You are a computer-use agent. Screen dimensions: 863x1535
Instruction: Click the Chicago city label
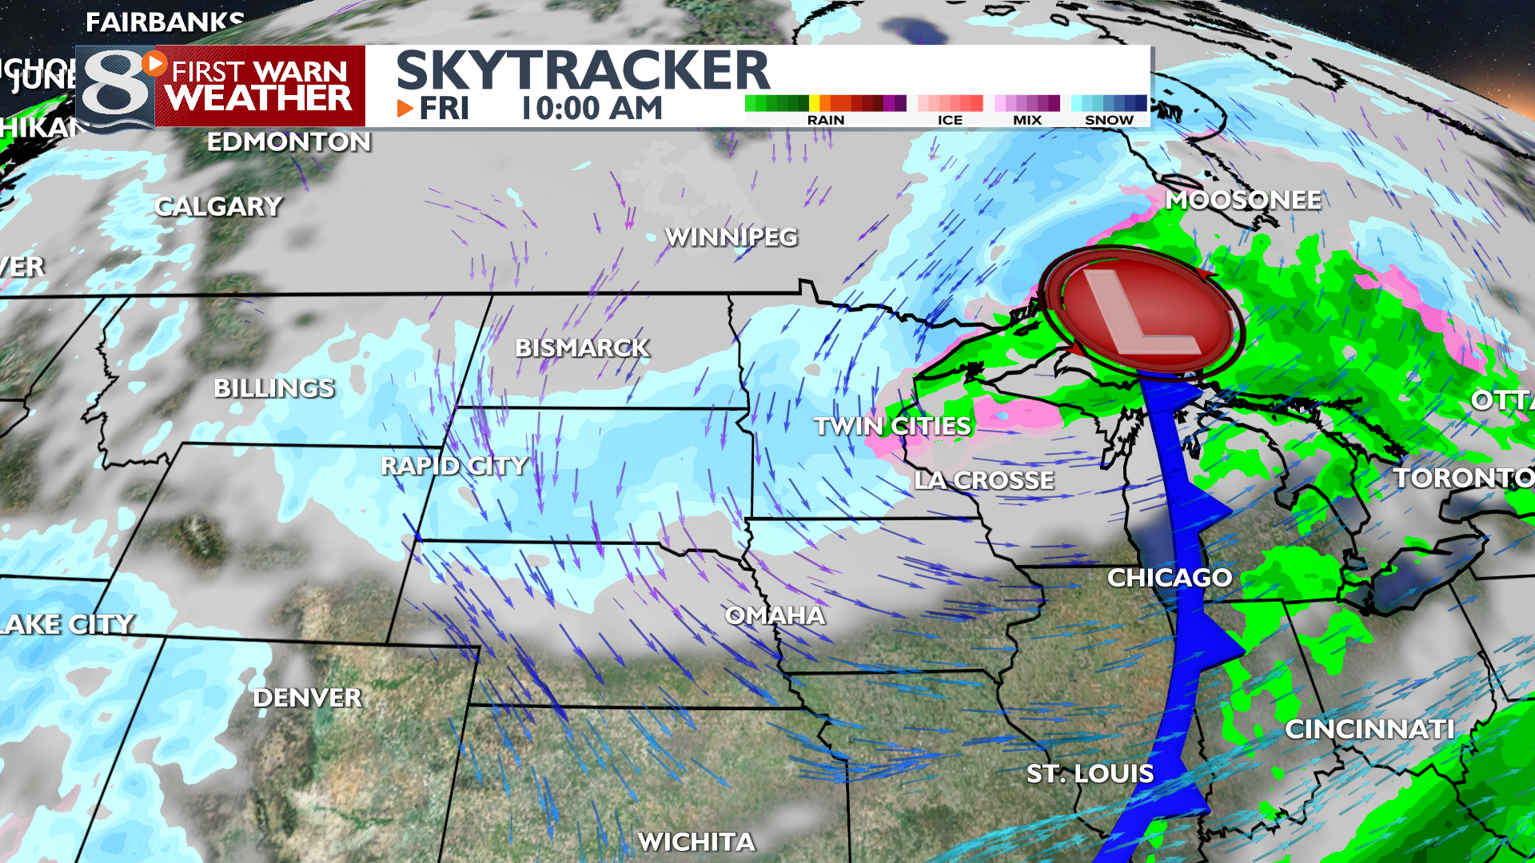(x=1169, y=577)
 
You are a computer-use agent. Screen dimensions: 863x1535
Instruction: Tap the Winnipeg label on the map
(x=732, y=237)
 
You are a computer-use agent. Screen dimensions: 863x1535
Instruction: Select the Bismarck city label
(x=582, y=348)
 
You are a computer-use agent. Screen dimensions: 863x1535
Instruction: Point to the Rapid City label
(x=454, y=465)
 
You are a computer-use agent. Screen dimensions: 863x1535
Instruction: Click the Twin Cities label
(x=892, y=426)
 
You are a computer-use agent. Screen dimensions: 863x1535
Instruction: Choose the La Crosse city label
(x=984, y=480)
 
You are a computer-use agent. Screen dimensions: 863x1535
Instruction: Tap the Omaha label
(x=775, y=615)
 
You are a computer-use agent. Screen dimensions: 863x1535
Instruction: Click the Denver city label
(x=308, y=698)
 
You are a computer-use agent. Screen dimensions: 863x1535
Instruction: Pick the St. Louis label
(x=1090, y=774)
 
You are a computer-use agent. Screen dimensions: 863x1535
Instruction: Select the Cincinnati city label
(x=1370, y=729)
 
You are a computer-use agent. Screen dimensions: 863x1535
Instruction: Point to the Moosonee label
(x=1243, y=200)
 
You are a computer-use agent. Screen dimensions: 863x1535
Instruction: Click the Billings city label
(x=274, y=388)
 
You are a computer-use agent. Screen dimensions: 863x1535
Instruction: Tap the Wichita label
(x=696, y=841)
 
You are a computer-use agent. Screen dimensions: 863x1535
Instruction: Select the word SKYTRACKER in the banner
(x=583, y=70)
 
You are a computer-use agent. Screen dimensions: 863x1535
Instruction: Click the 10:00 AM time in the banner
(x=592, y=109)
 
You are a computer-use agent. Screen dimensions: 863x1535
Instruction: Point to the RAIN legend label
(x=826, y=120)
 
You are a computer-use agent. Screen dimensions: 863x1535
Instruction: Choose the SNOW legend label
(x=1109, y=120)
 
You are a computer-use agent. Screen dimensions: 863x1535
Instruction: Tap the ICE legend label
(x=950, y=120)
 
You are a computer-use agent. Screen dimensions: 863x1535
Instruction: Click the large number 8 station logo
(x=116, y=88)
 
